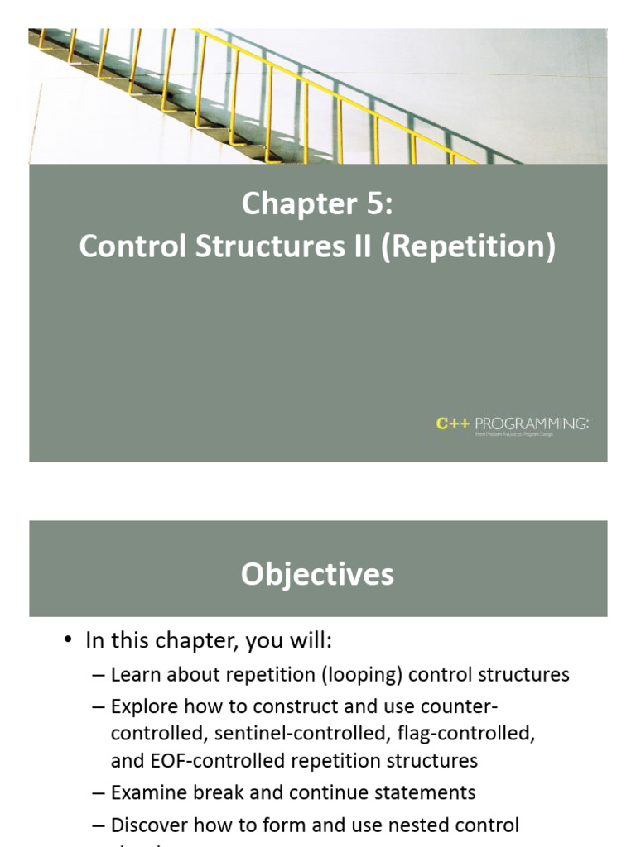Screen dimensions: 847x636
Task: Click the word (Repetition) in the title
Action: click(x=468, y=247)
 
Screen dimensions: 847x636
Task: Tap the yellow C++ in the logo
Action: click(x=453, y=423)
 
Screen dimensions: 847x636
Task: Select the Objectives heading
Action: click(x=317, y=574)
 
